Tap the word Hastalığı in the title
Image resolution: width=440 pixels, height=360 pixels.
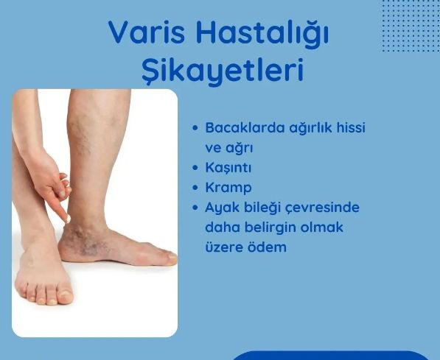pyautogui.click(x=261, y=33)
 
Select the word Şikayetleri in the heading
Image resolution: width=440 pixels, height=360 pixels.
pyautogui.click(x=222, y=71)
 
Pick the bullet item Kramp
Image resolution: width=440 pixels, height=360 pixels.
pyautogui.click(x=228, y=187)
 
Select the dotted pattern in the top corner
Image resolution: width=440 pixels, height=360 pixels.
pyautogui.click(x=410, y=26)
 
